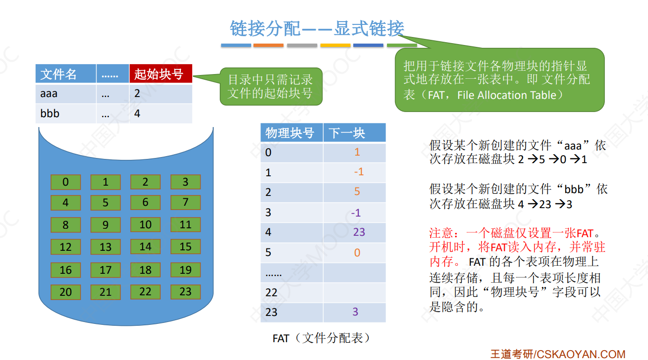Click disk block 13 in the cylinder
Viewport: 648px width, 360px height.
[x=105, y=247]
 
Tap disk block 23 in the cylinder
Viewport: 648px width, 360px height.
[x=186, y=292]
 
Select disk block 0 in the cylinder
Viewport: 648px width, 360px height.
[x=66, y=182]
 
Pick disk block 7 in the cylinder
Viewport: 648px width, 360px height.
[x=186, y=202]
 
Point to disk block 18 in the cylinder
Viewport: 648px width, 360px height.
[x=145, y=270]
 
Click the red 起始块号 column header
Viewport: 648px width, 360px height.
[x=161, y=74]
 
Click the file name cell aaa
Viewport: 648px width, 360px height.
[x=49, y=94]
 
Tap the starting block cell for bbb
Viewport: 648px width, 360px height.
[x=137, y=113]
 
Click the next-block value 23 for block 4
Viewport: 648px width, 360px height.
[x=359, y=232]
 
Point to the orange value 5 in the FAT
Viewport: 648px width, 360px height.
[x=357, y=192]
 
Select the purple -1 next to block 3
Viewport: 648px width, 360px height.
[x=356, y=213]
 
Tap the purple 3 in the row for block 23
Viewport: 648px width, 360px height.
[x=356, y=312]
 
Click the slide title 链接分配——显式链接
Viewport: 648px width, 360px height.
[x=317, y=29]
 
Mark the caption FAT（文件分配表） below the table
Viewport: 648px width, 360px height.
[x=321, y=338]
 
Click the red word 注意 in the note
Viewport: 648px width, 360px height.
[x=441, y=233]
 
